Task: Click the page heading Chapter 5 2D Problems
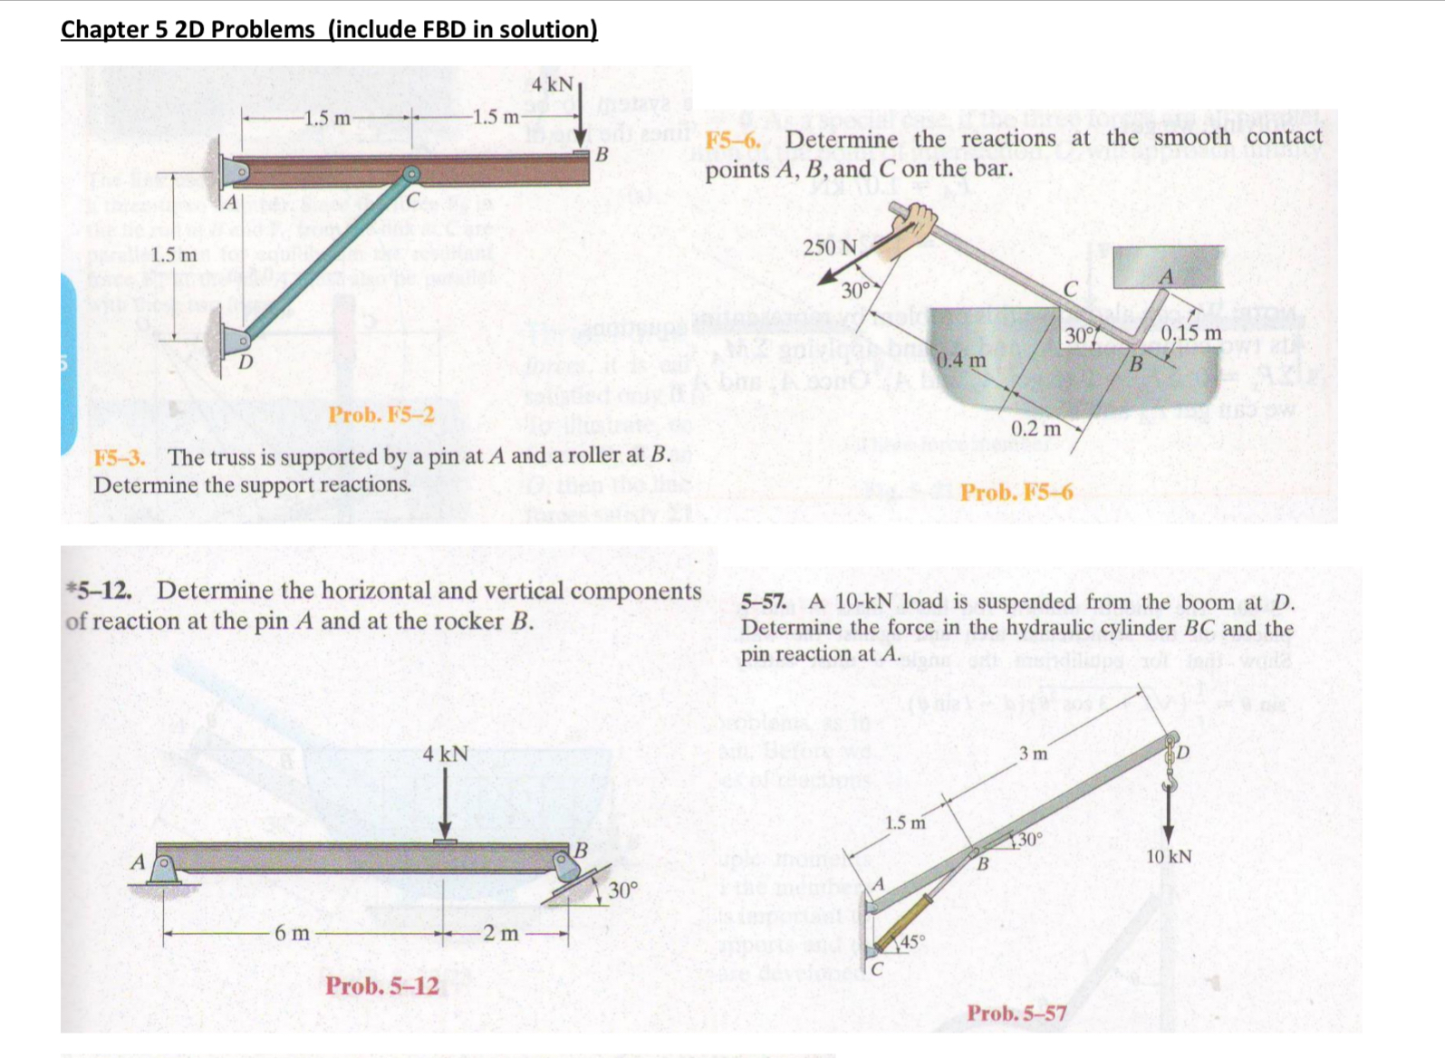coord(328,29)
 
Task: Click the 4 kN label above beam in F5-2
coord(552,84)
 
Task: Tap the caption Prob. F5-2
coord(381,415)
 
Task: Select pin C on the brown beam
coord(411,174)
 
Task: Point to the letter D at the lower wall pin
coord(244,363)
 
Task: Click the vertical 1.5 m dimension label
coord(174,255)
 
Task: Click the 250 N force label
coord(830,247)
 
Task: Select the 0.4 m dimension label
coord(961,360)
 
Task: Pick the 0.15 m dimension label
coord(1191,333)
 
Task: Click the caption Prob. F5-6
coord(1016,493)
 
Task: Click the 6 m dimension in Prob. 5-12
coord(292,933)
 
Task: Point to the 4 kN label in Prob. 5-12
coord(445,754)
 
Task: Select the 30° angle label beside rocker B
coord(623,890)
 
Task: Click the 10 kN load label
coord(1169,856)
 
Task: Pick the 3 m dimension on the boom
coord(1033,754)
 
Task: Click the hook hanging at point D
coord(1169,775)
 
